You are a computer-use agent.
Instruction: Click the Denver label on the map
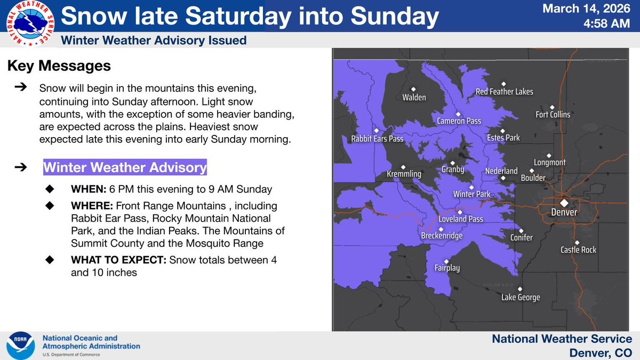pos(564,212)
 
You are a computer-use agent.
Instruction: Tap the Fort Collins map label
pos(553,115)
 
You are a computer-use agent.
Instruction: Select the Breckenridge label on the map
pos(442,236)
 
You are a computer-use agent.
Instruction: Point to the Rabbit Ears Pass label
pos(377,139)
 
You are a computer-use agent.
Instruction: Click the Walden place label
pos(414,98)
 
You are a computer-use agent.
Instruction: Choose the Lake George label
pos(521,298)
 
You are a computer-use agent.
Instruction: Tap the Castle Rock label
pos(578,250)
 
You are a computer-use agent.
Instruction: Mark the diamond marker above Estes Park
pos(502,130)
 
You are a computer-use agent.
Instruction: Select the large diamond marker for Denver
pos(564,203)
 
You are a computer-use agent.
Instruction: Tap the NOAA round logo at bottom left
pos(20,346)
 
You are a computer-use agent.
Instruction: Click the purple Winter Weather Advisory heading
pos(125,167)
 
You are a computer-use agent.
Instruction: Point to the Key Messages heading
pos(59,66)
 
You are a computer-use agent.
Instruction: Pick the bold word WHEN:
pos(89,190)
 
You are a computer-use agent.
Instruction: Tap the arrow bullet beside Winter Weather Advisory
pos(20,167)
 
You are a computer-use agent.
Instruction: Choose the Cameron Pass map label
pos(459,121)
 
